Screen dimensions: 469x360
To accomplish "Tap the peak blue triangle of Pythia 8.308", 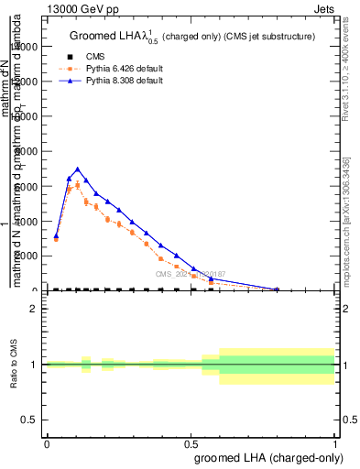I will [78, 169].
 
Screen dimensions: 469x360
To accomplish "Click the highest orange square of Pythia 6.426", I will [78, 185].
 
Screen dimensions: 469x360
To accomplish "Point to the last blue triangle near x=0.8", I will [277, 289].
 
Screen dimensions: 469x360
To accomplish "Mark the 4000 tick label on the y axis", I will [25, 221].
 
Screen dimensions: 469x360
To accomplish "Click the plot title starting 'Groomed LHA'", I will [191, 37].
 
